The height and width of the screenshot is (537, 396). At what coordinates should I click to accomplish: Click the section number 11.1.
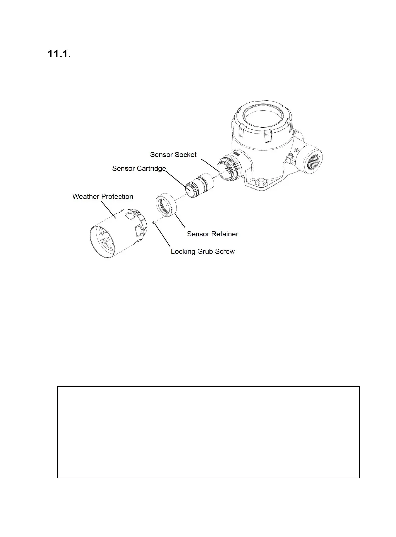coord(59,54)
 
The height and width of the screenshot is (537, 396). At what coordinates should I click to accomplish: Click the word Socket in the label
coord(186,155)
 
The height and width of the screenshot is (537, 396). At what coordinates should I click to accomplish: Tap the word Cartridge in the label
coord(151,169)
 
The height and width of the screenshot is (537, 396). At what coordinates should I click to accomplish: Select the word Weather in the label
coord(86,197)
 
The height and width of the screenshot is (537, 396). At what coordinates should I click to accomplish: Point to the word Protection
coord(117,197)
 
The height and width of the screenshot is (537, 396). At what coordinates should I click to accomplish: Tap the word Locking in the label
coord(183,252)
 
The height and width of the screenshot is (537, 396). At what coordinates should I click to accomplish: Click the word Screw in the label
coord(225,252)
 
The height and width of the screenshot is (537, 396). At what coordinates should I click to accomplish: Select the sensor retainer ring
coord(166,205)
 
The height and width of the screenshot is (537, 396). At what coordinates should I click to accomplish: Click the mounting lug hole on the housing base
coord(261,183)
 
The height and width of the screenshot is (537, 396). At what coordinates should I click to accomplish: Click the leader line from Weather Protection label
coord(109,210)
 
